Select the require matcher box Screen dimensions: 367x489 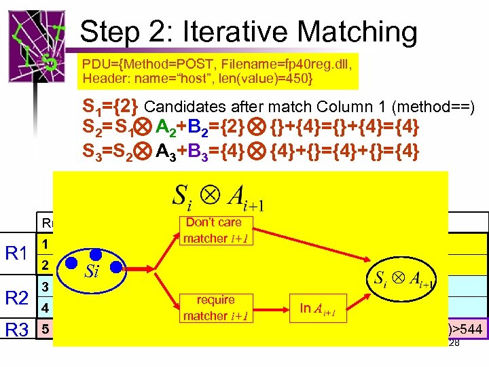tap(215, 308)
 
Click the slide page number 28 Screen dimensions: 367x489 tap(454, 343)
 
